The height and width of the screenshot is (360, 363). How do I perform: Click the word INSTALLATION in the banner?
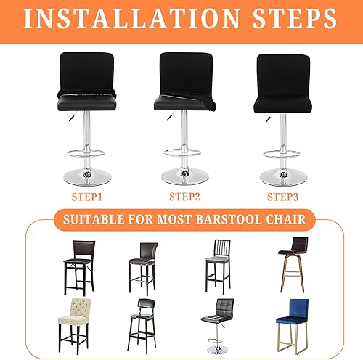(132, 19)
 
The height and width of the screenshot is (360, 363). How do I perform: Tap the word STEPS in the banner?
(295, 19)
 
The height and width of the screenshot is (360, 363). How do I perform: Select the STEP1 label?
(87, 197)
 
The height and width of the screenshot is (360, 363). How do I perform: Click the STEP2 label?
(184, 197)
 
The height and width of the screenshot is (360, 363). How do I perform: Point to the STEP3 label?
(282, 197)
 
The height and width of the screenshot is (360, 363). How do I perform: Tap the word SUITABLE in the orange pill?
(94, 219)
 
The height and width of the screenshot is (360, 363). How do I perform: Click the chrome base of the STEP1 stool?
(87, 177)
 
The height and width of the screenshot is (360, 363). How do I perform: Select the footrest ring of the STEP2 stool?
(182, 152)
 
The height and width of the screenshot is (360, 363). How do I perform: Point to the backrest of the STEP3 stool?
(283, 75)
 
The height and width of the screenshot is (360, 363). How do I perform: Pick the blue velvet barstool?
(293, 327)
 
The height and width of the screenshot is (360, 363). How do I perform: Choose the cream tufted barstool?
(75, 326)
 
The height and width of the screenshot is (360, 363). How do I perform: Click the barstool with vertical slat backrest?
(218, 266)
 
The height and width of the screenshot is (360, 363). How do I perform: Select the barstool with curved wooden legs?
(293, 265)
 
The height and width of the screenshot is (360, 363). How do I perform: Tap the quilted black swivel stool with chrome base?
(218, 326)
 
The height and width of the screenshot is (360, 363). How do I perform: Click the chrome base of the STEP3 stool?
(284, 178)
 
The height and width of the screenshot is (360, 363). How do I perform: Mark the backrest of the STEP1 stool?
(86, 73)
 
